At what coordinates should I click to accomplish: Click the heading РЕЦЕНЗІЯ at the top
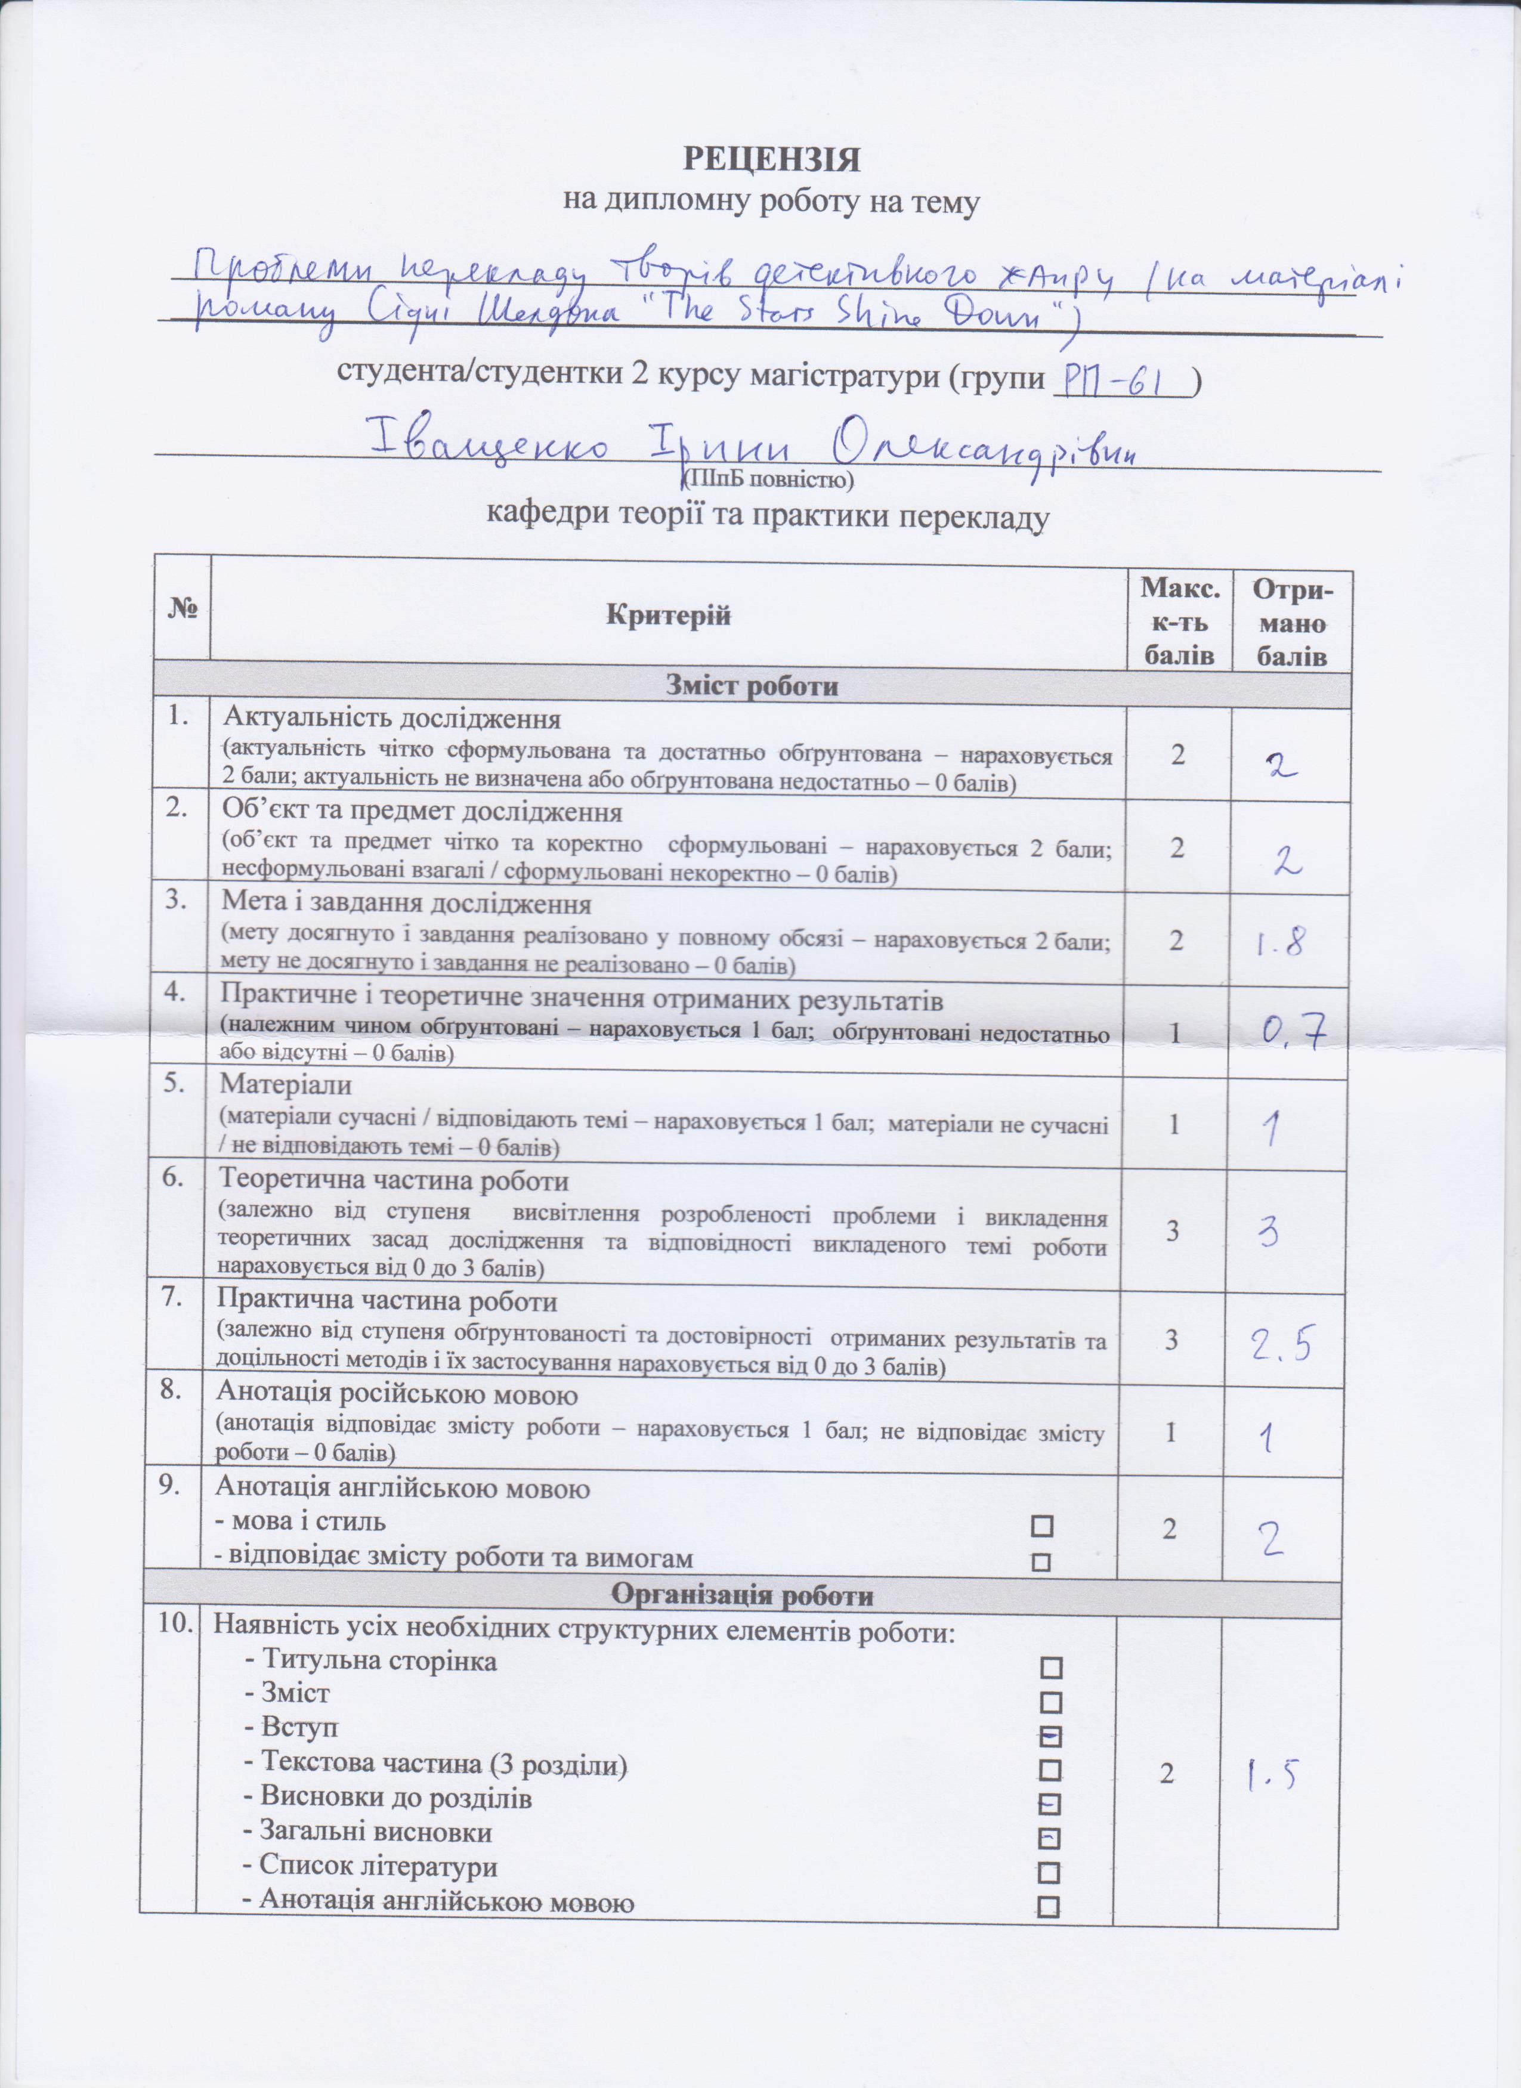point(772,159)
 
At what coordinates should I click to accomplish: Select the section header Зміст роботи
point(752,687)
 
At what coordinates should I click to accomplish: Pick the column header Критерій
point(669,615)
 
